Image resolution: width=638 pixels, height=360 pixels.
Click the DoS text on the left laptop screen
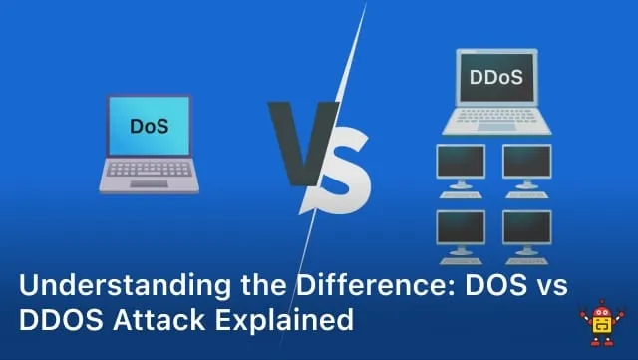149,127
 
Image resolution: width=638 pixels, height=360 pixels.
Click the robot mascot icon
601,325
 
